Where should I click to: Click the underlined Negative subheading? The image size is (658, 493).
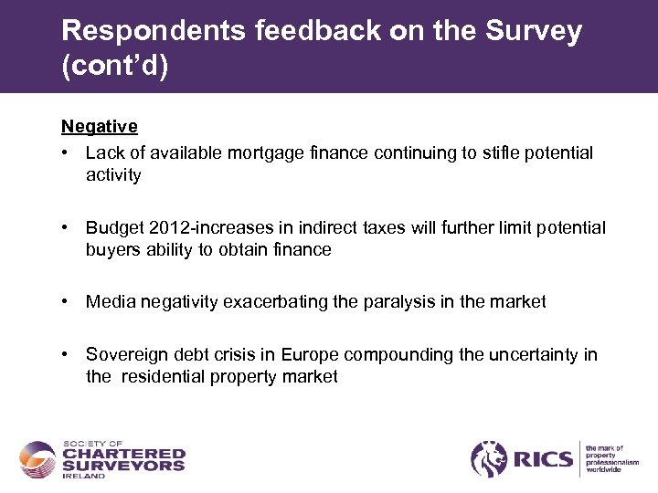pos(100,126)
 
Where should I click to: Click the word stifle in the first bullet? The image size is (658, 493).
pos(502,152)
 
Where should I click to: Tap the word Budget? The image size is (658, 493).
pos(113,226)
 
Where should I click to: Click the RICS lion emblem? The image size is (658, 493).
pos(488,458)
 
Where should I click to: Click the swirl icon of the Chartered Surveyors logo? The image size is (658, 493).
pos(38,459)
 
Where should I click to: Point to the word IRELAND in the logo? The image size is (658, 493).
pos(83,476)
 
